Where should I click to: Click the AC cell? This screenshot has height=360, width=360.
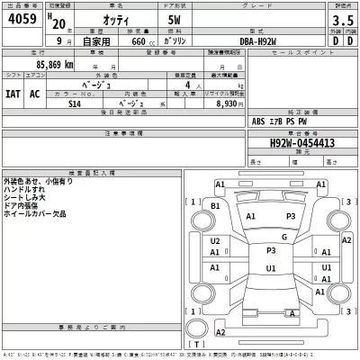(35, 93)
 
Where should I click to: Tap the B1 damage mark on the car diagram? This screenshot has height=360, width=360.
(215, 205)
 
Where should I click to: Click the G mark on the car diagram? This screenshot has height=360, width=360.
(284, 237)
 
